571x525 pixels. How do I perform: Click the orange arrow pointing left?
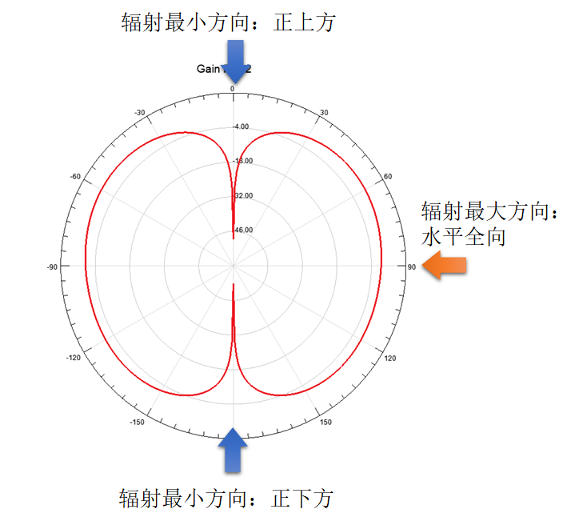[445, 266]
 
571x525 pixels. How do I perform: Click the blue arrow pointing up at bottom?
[233, 451]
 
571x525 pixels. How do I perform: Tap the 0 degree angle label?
[233, 89]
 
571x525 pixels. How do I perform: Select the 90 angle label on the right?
[411, 267]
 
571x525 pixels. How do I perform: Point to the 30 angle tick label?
[324, 112]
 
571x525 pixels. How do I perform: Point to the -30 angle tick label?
[140, 112]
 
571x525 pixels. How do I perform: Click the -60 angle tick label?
[75, 176]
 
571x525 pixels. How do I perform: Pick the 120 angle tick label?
[390, 358]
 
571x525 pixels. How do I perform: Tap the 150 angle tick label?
[325, 422]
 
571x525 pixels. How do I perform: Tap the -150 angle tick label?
[138, 422]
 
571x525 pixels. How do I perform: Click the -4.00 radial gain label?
[241, 126]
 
